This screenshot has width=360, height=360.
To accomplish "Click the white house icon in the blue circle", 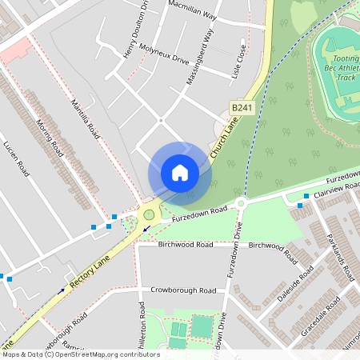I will click(180, 173).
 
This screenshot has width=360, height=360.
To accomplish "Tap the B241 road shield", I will click(244, 106).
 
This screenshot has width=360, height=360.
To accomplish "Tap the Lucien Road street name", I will click(17, 160).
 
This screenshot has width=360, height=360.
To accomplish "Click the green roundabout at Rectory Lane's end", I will click(148, 214).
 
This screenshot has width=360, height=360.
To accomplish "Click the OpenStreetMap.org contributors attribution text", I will click(104, 354).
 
